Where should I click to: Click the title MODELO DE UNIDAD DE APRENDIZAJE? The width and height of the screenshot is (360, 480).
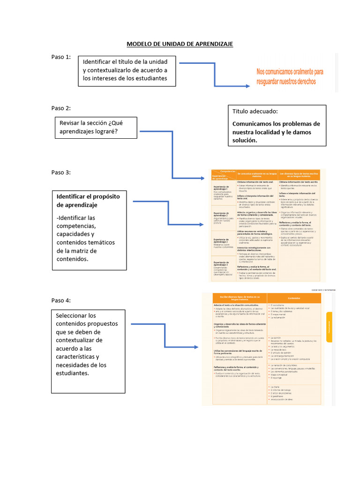click(180, 44)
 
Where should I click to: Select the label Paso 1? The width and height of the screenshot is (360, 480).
click(61, 57)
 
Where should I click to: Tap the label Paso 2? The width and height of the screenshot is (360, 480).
click(61, 108)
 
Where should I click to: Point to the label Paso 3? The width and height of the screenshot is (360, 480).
click(61, 172)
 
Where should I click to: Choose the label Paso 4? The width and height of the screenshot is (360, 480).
click(61, 300)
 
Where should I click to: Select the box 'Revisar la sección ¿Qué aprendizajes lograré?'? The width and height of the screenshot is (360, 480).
click(95, 127)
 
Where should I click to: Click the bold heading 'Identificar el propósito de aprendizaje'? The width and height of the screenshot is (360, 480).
click(89, 200)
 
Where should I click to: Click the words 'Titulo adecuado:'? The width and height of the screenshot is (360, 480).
click(255, 112)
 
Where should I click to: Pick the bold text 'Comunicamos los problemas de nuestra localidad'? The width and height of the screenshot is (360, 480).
click(276, 132)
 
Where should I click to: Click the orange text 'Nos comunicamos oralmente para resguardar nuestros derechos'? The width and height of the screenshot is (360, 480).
click(290, 77)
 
